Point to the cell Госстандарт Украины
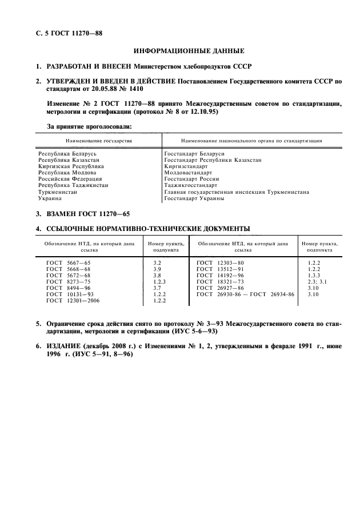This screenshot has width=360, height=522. pos(194,199)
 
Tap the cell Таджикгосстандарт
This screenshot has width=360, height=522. pos(190,185)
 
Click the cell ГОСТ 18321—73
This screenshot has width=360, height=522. pos(220,281)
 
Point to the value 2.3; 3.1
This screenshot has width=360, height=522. pos(316,281)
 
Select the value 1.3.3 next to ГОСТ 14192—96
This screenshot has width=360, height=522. pos(314,274)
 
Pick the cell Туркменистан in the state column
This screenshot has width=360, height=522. pos(57,192)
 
